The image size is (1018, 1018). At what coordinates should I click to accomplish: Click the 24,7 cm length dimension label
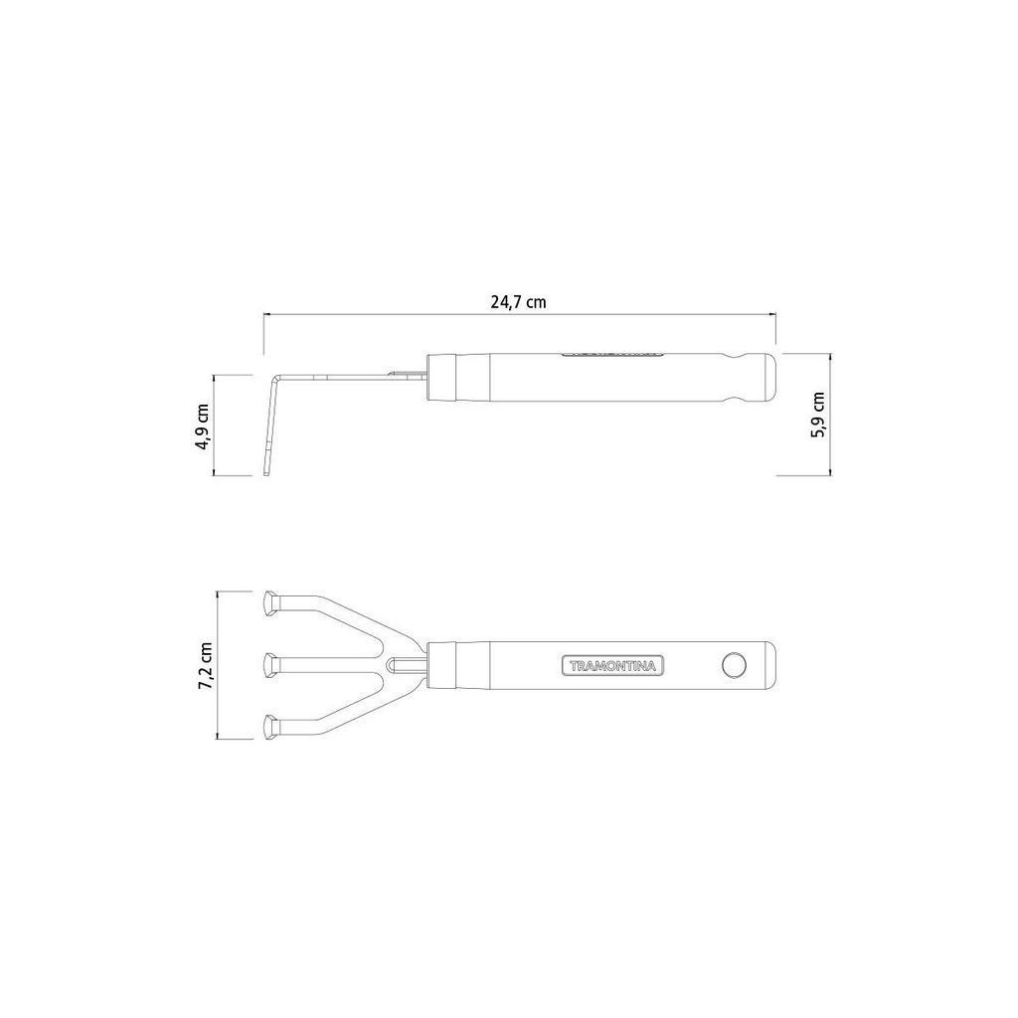point(518,302)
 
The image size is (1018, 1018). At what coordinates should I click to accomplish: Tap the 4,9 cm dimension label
point(203,426)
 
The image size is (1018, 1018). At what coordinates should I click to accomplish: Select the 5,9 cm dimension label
point(818,415)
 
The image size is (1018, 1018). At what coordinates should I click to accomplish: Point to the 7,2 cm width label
point(206,665)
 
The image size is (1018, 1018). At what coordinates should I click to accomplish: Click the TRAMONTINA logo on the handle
point(612,665)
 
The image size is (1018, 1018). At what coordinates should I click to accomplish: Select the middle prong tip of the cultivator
point(271,665)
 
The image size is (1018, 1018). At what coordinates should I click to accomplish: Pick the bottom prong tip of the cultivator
point(271,727)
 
